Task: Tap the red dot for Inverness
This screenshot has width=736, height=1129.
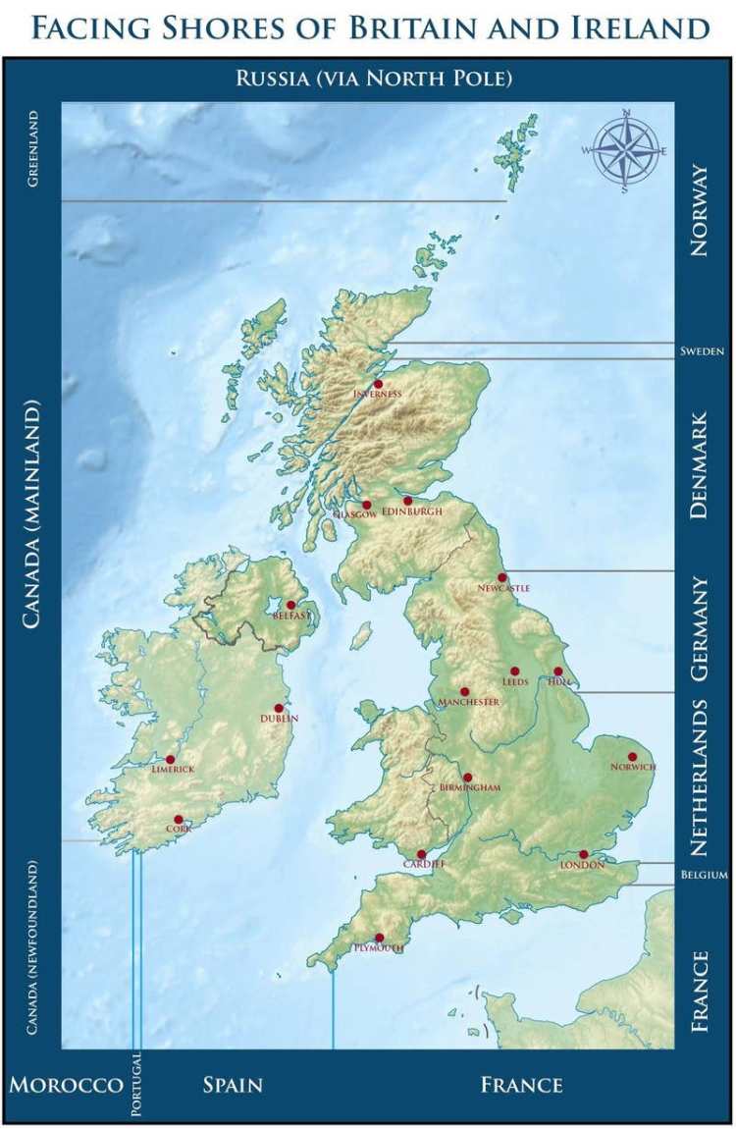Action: tap(378, 384)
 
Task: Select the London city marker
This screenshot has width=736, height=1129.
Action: tap(583, 854)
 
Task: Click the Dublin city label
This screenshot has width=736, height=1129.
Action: tap(280, 719)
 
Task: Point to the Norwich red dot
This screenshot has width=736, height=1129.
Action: tap(632, 756)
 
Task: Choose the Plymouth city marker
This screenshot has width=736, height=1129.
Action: tap(380, 938)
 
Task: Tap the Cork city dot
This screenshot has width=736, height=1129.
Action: tap(179, 819)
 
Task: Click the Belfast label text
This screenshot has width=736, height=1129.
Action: tap(292, 616)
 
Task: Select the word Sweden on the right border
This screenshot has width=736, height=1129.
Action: tap(702, 351)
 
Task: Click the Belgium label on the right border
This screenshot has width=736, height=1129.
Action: tap(704, 875)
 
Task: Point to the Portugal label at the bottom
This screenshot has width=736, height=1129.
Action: tap(135, 1085)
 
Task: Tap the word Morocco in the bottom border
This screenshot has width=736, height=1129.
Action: tap(66, 1085)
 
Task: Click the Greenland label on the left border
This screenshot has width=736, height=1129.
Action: tap(32, 148)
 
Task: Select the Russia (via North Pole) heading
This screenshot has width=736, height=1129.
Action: tap(374, 78)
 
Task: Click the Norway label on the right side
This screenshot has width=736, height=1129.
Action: tap(699, 211)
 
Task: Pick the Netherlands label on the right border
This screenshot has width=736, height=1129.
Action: tap(699, 778)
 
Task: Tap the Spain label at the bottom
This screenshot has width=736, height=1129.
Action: tap(233, 1085)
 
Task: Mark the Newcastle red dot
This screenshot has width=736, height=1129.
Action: tap(501, 577)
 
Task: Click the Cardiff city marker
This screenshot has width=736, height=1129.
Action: tap(421, 854)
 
